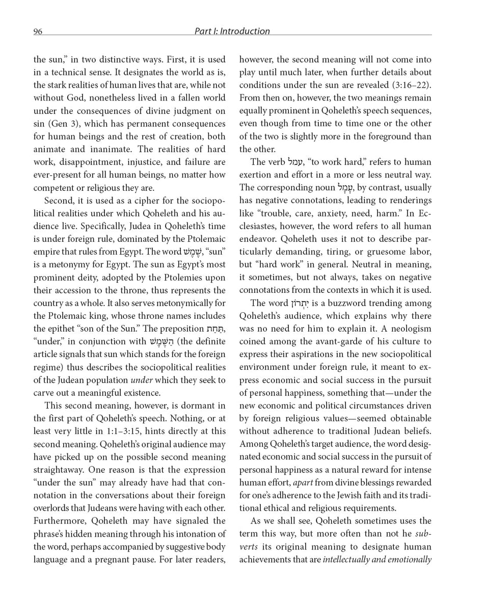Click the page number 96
coord(38,32)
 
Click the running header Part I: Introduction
coord(232,31)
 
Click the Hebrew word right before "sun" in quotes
coord(192,252)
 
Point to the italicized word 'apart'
coord(303,483)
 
